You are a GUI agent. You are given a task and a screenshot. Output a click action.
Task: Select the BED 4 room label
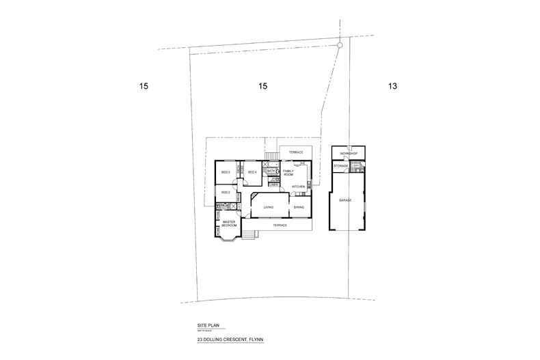[x=252, y=171]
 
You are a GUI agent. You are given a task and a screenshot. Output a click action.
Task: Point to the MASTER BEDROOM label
[x=228, y=223]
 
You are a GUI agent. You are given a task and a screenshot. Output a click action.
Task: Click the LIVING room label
[x=269, y=206]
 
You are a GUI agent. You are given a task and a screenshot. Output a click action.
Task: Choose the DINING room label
[x=299, y=206]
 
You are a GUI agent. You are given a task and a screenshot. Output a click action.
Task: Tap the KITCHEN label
[x=298, y=186]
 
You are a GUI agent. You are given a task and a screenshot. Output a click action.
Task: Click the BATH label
[x=271, y=170]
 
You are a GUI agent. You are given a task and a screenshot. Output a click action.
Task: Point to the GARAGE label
[x=345, y=199]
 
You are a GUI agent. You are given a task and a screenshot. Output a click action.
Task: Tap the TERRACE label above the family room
[x=295, y=152]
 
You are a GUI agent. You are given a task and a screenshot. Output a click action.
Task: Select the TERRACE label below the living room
[x=280, y=225]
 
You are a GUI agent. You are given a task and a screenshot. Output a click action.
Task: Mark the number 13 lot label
[x=392, y=87]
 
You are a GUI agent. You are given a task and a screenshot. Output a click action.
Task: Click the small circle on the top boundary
[x=340, y=45]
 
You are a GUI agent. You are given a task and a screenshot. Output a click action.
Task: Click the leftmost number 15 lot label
[x=143, y=87]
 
